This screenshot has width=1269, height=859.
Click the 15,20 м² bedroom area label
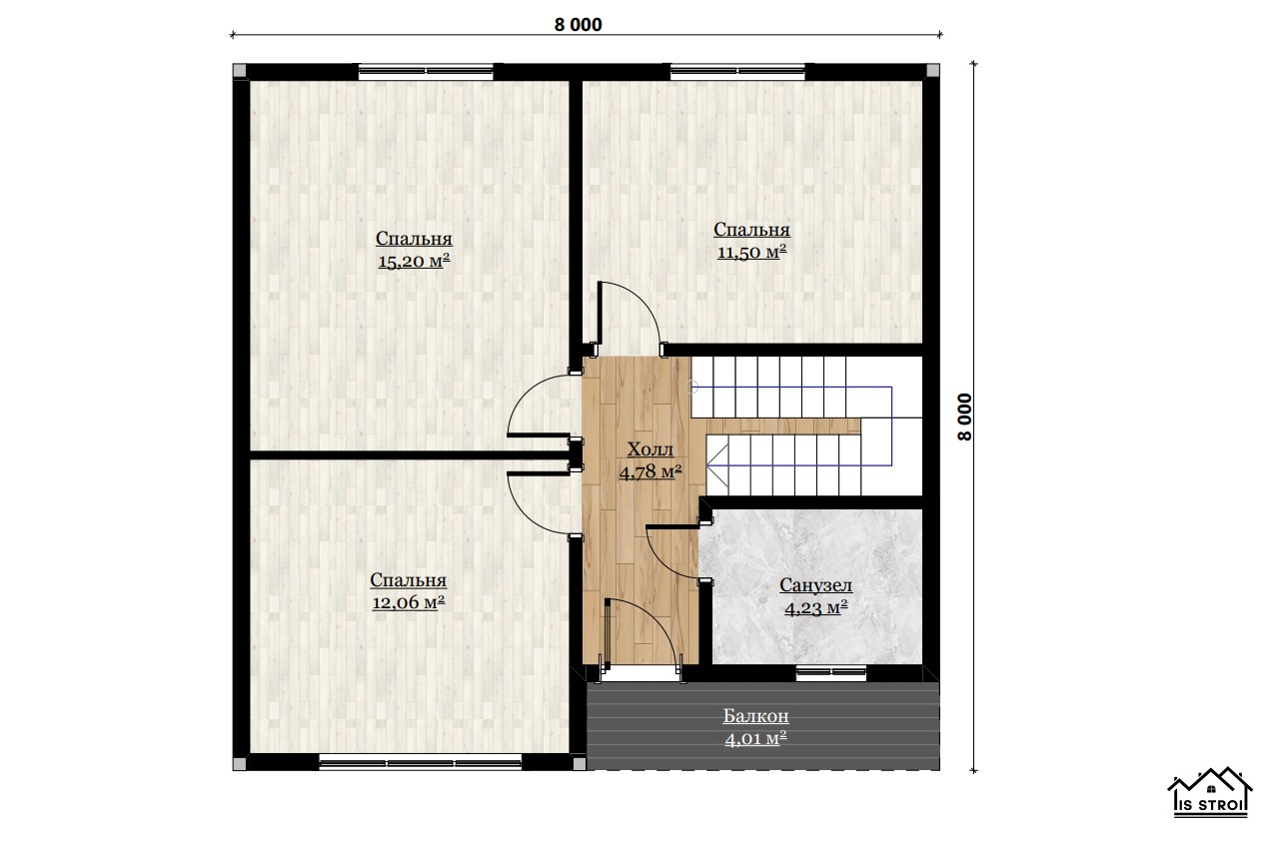coord(414,261)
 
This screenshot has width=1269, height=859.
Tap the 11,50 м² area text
coord(751,252)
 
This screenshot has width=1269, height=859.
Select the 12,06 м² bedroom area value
coord(409,602)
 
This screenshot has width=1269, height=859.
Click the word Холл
coord(650,449)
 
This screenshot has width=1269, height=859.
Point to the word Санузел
coord(815,585)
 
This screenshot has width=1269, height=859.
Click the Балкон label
coord(755,716)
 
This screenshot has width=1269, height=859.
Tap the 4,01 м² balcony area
coord(755,738)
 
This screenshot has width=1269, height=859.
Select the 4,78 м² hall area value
coord(650,471)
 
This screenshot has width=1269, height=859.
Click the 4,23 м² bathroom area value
coord(815,607)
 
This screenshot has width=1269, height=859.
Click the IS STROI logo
coord(1210,792)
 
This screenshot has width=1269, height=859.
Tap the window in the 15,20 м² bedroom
coord(426,71)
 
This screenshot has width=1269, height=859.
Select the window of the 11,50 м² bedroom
coord(737,71)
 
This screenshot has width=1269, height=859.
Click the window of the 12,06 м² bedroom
coord(421,763)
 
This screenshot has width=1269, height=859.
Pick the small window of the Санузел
coord(831,672)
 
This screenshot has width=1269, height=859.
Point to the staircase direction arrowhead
coord(716,464)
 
